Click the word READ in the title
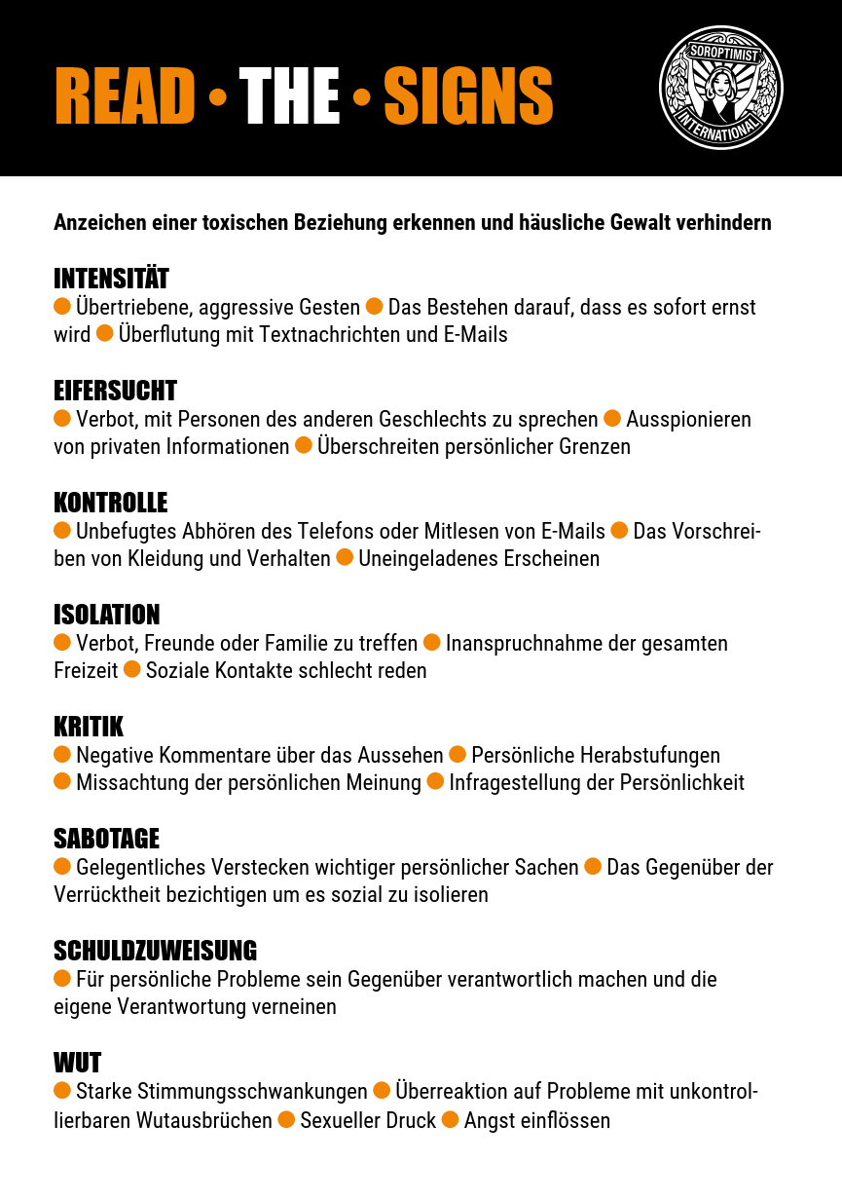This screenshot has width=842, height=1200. coord(126,95)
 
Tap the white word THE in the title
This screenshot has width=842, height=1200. coord(289,95)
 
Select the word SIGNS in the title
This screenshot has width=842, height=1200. coord(468,95)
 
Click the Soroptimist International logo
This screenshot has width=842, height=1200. coord(721,88)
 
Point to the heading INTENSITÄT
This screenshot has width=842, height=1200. coord(111,279)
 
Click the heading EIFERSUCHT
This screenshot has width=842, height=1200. coord(115,391)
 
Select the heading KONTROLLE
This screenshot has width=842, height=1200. coord(110,503)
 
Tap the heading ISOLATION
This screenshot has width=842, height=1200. coord(106,615)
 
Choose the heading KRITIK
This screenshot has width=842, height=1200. coord(89,727)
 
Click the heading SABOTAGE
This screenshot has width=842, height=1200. coord(106,839)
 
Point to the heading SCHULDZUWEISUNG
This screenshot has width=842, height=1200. coord(155,951)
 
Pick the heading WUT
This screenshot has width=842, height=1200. coord(77,1063)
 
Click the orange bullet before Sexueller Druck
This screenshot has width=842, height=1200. coord(286,1119)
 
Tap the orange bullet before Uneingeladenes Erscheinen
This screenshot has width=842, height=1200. coord(345,558)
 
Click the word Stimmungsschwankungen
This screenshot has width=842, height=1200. coord(221,1092)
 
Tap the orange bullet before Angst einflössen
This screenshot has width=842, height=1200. coord(450,1119)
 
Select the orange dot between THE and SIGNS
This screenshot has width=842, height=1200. coord(362,97)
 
